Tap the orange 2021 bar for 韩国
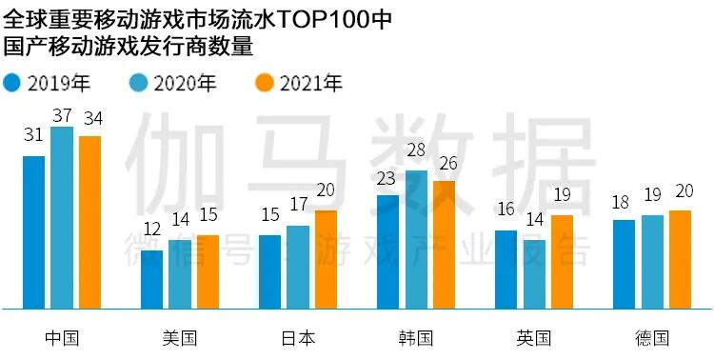445,245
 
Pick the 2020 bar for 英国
534,274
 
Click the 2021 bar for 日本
326,259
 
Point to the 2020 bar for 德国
652,262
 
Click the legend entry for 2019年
48,83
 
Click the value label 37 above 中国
62,115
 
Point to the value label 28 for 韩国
416,152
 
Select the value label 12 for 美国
151,230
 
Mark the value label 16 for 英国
506,210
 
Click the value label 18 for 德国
624,202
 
